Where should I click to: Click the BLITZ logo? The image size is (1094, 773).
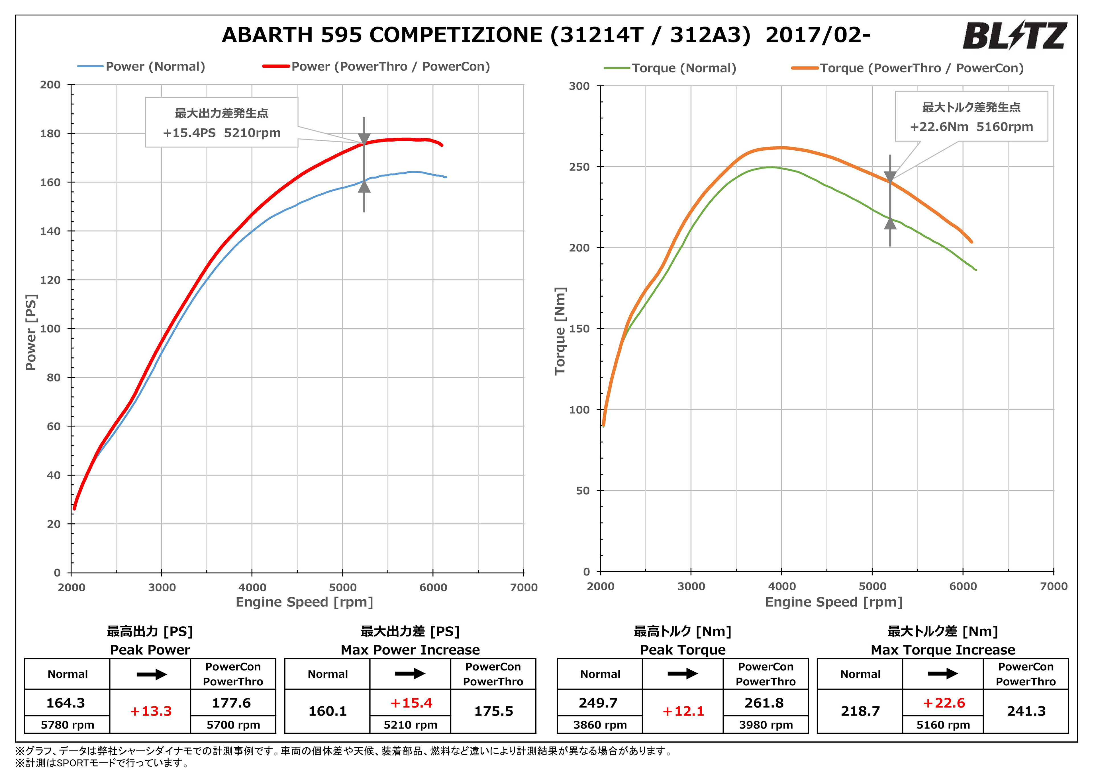tap(1014, 36)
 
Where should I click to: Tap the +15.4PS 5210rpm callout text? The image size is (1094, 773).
tap(222, 133)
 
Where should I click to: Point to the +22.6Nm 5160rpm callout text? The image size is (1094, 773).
tap(971, 127)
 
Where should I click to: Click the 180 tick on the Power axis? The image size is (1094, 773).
tap(50, 134)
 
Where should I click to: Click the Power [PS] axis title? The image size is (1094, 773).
tap(31, 332)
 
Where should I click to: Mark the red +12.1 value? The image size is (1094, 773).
tap(683, 711)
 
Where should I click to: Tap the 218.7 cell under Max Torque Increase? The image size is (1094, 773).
tap(860, 711)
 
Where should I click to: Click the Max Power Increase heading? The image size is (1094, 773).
tap(410, 650)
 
